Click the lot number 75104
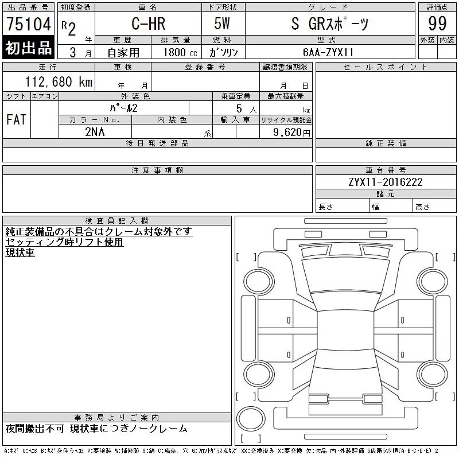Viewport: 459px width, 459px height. coord(28,25)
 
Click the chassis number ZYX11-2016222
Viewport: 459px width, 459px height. coord(386,182)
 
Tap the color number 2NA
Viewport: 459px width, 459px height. coord(95,132)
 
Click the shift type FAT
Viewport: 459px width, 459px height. coord(16,120)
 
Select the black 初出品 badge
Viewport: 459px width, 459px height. coord(28,48)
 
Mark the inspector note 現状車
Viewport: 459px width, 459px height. coord(20,252)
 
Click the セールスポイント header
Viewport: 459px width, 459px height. coord(386,67)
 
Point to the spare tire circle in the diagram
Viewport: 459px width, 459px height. coord(248,417)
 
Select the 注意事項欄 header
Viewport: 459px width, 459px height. coord(157,170)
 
